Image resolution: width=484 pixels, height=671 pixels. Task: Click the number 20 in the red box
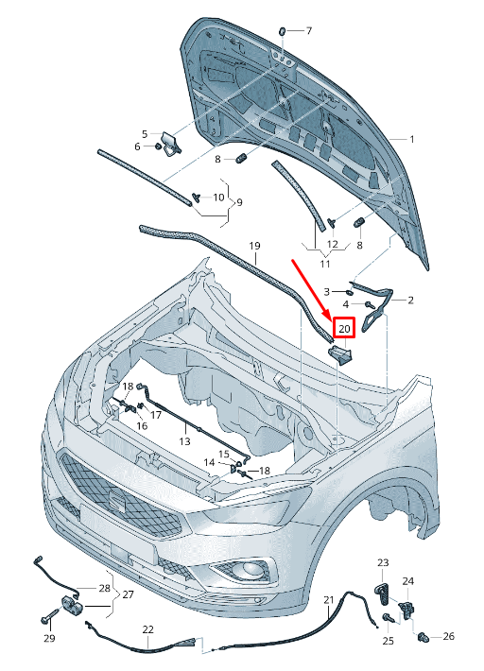(x=344, y=329)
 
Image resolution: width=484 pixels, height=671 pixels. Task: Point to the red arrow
(x=311, y=289)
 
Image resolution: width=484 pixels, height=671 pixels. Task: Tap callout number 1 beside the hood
(x=411, y=139)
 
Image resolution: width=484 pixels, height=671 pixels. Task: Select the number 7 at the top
(x=308, y=31)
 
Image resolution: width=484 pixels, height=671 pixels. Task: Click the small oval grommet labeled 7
(x=283, y=31)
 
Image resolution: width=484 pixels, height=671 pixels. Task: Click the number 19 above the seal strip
(x=254, y=246)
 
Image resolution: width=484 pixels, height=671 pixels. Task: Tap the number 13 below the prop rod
(x=184, y=440)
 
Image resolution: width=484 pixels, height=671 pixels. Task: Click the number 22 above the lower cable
(x=148, y=629)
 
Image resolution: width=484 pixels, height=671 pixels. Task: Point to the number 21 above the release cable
(x=328, y=600)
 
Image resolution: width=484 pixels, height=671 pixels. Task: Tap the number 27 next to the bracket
(x=128, y=594)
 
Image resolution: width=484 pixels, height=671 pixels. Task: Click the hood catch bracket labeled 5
(x=171, y=142)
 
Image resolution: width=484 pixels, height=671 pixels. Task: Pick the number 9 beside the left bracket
(x=239, y=202)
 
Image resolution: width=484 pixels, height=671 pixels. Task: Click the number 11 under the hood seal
(x=325, y=264)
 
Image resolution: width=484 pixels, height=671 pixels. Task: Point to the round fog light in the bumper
(x=250, y=569)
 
